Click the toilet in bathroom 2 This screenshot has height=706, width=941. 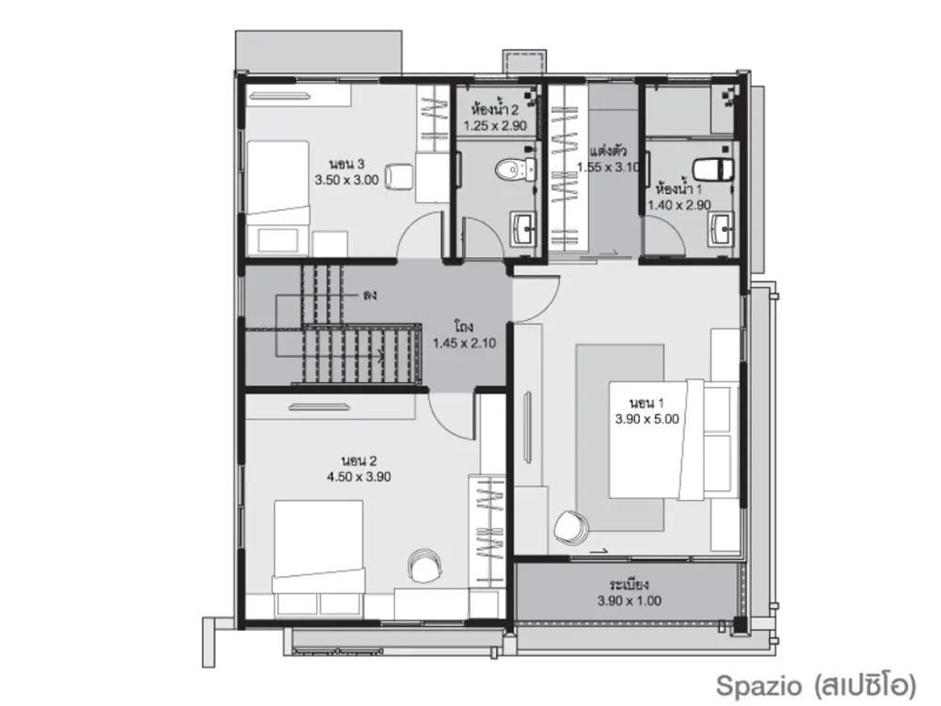point(516,168)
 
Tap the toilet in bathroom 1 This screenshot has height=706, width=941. point(713,168)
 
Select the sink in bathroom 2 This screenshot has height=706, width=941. point(524,228)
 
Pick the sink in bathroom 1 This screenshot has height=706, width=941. point(721,229)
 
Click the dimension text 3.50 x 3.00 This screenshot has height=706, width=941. point(347,180)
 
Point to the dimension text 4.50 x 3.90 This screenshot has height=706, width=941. point(359,476)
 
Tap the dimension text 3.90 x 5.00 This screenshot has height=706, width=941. point(647,419)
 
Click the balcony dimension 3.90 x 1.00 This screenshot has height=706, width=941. point(630,601)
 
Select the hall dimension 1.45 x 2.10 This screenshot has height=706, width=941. point(465,343)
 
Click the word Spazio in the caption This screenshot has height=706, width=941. point(759,685)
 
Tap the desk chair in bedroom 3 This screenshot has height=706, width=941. point(398,176)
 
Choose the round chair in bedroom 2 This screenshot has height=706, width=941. point(425,565)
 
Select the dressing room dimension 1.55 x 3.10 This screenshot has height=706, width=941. point(609,167)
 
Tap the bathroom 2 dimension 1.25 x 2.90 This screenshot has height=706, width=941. point(495,125)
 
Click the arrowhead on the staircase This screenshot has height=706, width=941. point(380,355)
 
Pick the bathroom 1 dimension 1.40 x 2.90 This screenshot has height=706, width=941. point(679,204)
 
